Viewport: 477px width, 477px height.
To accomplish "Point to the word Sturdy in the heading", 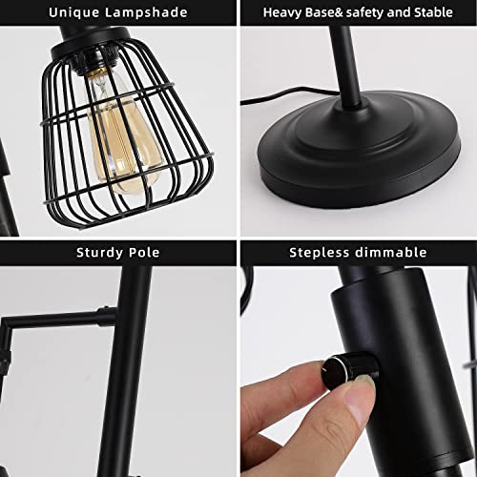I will click(x=98, y=253).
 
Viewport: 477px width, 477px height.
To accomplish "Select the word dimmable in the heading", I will click(x=392, y=253).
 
